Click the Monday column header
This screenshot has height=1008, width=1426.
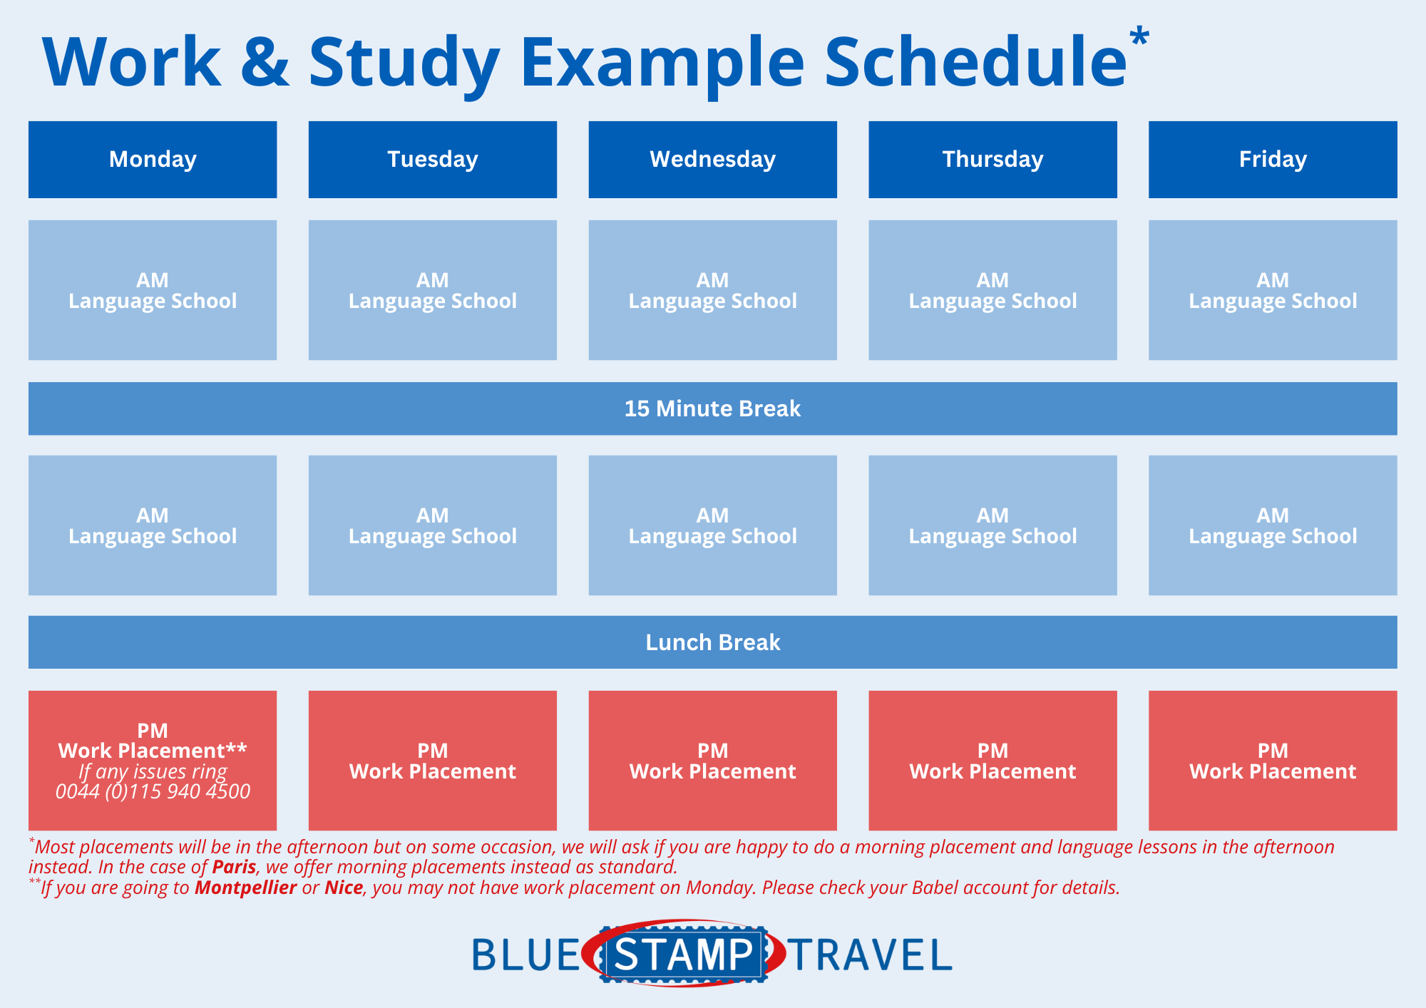(x=153, y=160)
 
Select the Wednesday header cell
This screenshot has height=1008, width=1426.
(x=712, y=160)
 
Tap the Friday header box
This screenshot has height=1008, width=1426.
(x=1273, y=160)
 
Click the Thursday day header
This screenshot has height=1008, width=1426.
(x=992, y=160)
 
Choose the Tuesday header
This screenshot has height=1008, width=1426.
(x=433, y=160)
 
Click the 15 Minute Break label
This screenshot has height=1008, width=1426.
(x=712, y=408)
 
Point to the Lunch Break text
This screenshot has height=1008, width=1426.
(x=713, y=642)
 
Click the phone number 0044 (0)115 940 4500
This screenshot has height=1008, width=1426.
(x=153, y=791)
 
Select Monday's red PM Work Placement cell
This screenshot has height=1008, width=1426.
(x=153, y=761)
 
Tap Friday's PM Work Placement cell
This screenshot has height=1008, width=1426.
(x=1273, y=761)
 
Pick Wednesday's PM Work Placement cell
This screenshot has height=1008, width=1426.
(x=712, y=761)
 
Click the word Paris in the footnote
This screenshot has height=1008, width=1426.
(x=234, y=867)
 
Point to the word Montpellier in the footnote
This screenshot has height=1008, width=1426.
(x=245, y=888)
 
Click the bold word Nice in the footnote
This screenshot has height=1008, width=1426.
(x=344, y=888)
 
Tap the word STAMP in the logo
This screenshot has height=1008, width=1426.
(x=683, y=955)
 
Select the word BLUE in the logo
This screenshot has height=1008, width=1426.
(x=526, y=955)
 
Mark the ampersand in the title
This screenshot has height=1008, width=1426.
(x=265, y=63)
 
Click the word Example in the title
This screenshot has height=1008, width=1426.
(x=662, y=64)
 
